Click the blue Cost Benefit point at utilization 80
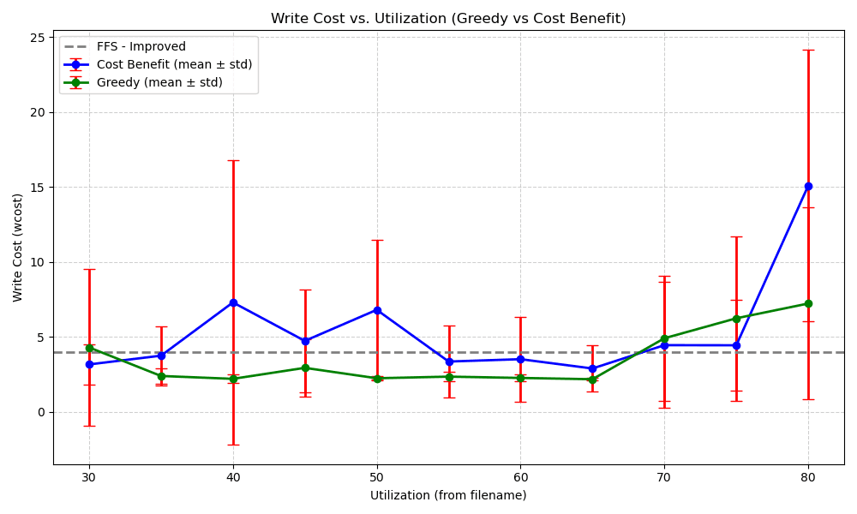[808, 186]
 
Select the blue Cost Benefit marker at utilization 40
[233, 302]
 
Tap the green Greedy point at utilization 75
[736, 319]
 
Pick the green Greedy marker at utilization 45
[305, 368]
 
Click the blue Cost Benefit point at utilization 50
[377, 310]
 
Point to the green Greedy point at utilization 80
[808, 303]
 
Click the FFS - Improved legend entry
[141, 47]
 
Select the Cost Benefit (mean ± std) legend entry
[174, 64]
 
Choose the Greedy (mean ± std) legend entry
[159, 82]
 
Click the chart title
[448, 19]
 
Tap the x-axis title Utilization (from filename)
[448, 495]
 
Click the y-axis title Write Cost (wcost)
[18, 248]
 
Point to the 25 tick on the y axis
[39, 38]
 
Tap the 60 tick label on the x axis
[520, 475]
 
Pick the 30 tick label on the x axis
[89, 475]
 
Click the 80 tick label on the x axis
[808, 475]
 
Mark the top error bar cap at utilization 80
[808, 50]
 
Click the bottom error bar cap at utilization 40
[233, 445]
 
